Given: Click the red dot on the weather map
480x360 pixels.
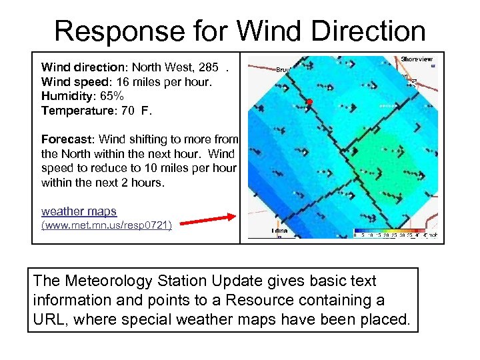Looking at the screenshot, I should [309, 101].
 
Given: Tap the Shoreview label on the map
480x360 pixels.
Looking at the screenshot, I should [417, 59].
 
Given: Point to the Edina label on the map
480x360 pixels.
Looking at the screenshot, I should [279, 231].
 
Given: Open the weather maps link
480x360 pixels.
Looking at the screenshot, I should [79, 211].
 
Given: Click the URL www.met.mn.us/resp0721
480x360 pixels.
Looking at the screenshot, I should [107, 226].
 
